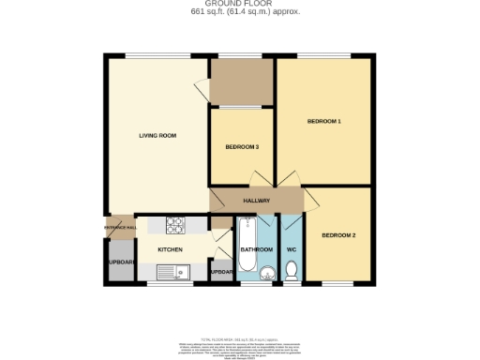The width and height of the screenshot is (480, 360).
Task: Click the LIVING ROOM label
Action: (x=157, y=136)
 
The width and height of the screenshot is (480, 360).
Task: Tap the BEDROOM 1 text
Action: (x=324, y=122)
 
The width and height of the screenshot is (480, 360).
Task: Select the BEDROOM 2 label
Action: (x=338, y=235)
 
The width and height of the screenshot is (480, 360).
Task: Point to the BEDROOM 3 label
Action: (x=242, y=147)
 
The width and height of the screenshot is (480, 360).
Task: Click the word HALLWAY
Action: (x=257, y=202)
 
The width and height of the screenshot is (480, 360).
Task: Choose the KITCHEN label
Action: (x=170, y=249)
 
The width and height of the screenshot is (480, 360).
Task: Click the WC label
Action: (x=291, y=249)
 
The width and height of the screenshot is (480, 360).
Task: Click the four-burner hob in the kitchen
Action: (x=177, y=225)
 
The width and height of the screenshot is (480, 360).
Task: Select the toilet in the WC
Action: (x=291, y=272)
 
